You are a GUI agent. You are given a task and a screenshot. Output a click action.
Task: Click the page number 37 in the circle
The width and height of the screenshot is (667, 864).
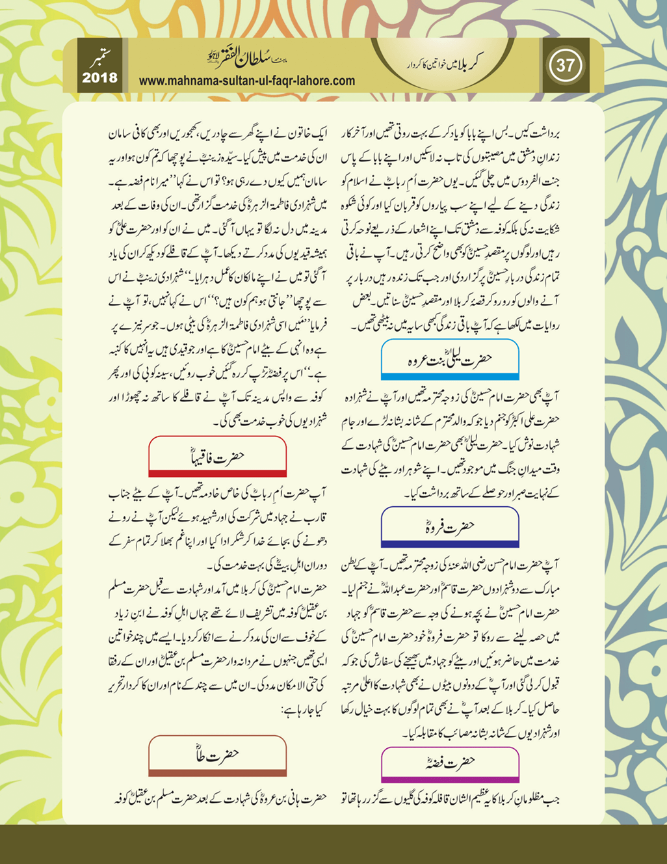565,66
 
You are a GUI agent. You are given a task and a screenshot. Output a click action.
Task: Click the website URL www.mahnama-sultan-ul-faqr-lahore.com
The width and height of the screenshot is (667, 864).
247,81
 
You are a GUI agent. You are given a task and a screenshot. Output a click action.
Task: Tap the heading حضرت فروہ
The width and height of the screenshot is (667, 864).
450,526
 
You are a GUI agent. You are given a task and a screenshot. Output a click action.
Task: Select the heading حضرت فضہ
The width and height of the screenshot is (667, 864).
450,762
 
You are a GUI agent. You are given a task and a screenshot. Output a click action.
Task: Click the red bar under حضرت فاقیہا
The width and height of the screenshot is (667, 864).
217,474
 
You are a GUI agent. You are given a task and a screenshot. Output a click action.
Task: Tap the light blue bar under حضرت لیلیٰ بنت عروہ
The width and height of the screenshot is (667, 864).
450,376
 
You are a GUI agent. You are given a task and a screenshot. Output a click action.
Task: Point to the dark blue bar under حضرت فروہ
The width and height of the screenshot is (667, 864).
450,544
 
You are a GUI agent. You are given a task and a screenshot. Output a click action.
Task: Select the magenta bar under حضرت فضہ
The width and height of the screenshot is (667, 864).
450,779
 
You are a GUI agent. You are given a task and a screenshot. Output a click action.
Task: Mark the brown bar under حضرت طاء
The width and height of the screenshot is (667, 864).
217,772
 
